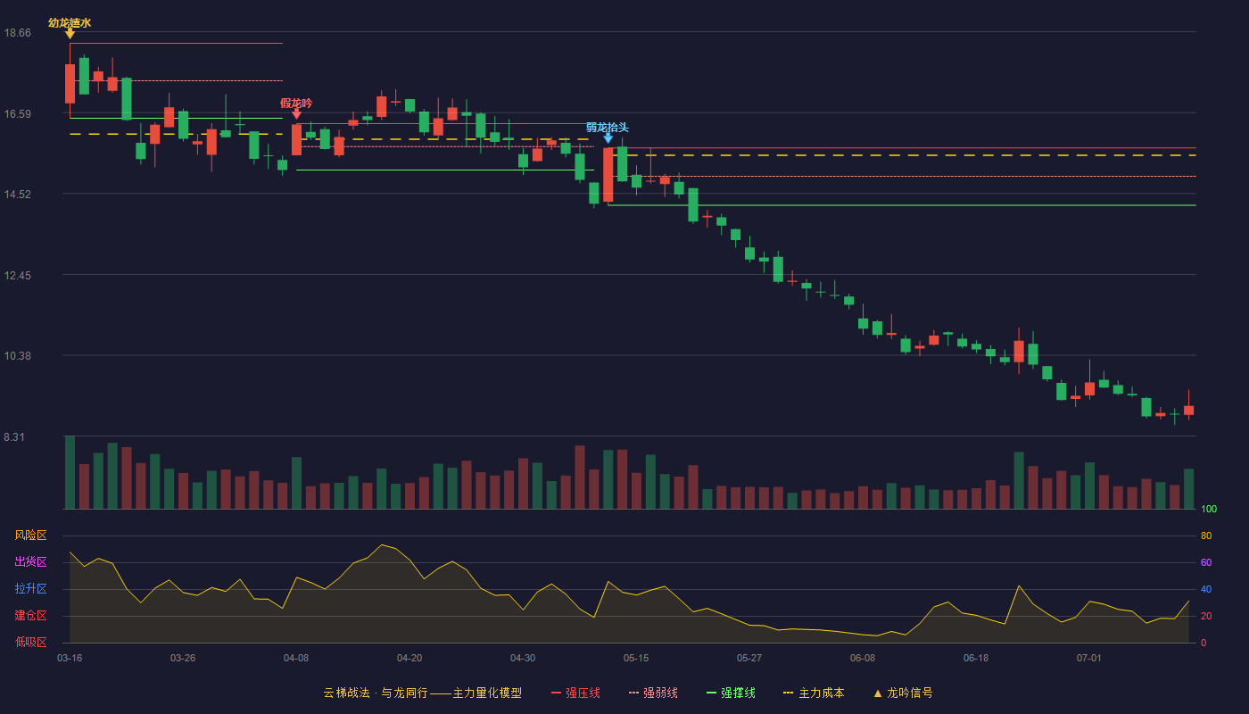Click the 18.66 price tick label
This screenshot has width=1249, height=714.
click(17, 33)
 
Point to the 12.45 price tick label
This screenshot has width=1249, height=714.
click(17, 276)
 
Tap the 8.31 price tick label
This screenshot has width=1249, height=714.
click(14, 437)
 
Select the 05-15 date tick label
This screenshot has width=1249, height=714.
click(636, 659)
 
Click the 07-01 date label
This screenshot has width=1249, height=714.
click(1089, 659)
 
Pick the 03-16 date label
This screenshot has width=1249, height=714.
click(70, 659)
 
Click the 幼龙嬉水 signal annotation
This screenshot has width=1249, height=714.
click(70, 23)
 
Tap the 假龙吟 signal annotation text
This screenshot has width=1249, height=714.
click(296, 104)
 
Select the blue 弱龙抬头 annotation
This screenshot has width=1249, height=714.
click(608, 128)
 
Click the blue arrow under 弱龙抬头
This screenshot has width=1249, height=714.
click(608, 137)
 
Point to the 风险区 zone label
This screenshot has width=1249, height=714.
click(30, 535)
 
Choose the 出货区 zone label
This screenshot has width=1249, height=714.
click(30, 561)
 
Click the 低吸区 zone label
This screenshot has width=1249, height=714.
click(30, 643)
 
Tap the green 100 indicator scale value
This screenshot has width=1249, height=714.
click(1209, 510)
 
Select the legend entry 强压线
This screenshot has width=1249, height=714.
click(575, 693)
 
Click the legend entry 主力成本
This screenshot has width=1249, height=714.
click(814, 693)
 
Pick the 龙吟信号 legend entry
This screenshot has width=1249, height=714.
click(903, 693)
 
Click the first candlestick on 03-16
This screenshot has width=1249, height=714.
click(70, 84)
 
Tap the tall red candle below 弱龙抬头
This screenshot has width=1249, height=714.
click(608, 175)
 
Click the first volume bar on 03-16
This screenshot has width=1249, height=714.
click(70, 472)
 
